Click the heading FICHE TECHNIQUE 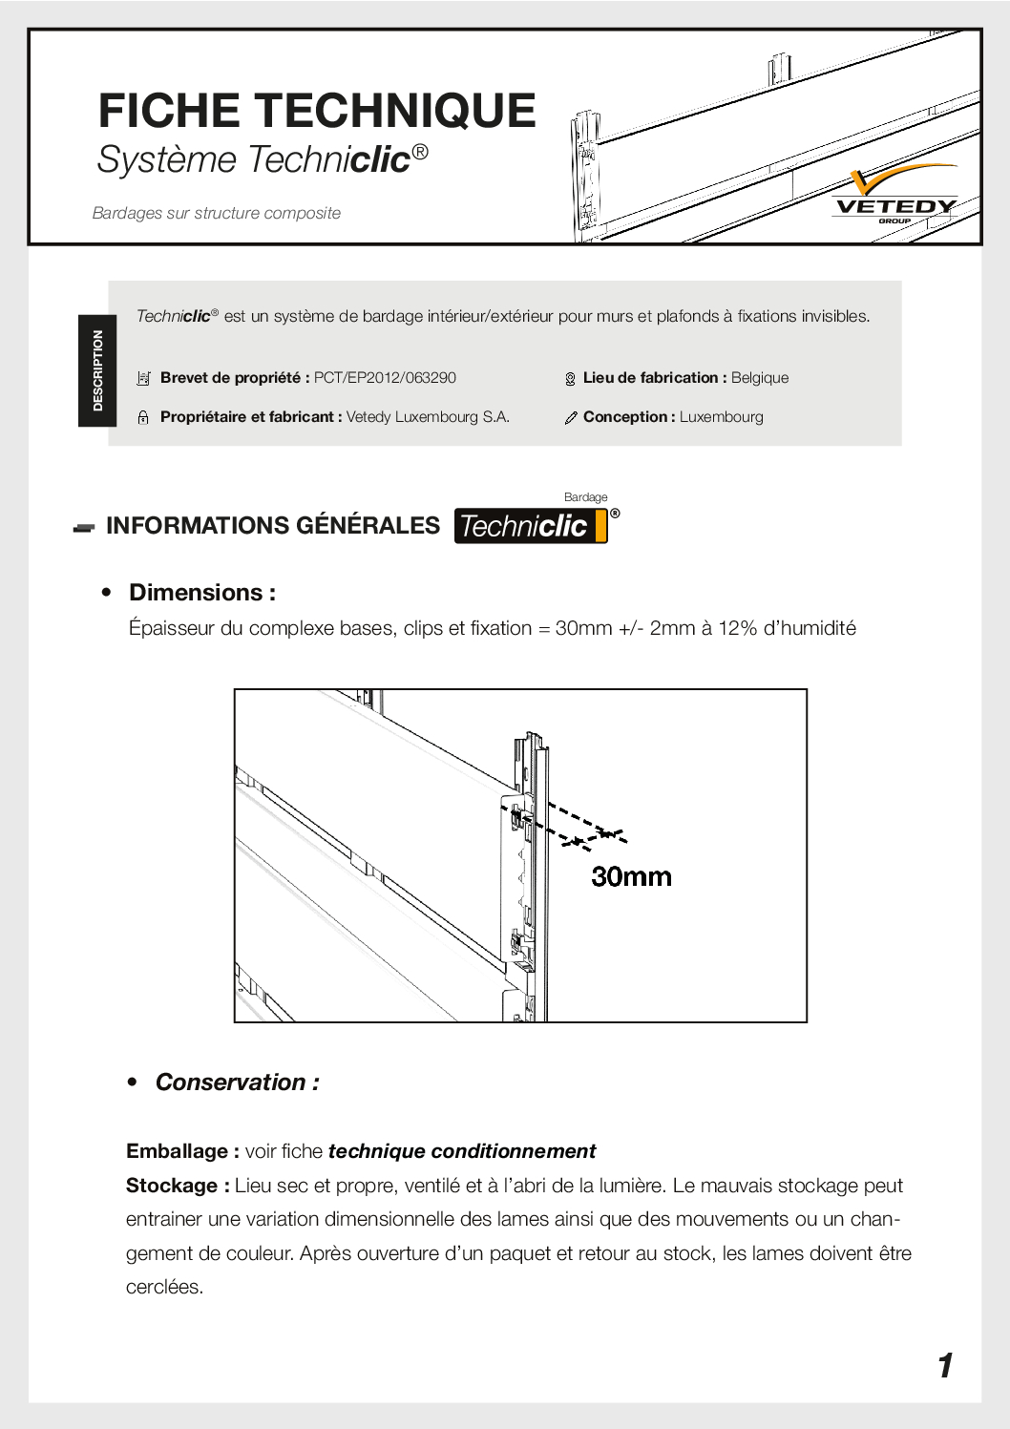pos(316,111)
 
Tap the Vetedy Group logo pos(895,197)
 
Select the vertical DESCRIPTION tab pos(97,370)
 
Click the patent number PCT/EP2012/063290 pos(385,378)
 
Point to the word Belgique pos(760,378)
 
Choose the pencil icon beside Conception pos(571,418)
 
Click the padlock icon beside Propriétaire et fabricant pos(143,417)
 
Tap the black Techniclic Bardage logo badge pos(531,526)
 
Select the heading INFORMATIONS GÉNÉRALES pos(273,526)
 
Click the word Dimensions pos(196,593)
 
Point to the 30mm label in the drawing pos(631,876)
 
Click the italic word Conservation pos(230,1082)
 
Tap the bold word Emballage pos(177,1151)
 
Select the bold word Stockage pos(172,1186)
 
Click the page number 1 pos(945,1366)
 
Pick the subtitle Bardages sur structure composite pos(217,213)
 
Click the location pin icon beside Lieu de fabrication pos(570,379)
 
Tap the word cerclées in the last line pos(163,1287)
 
